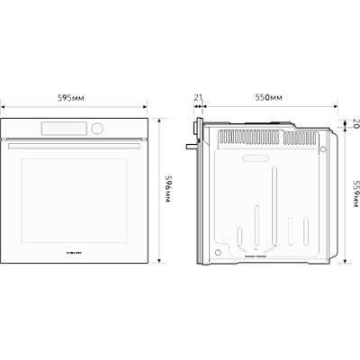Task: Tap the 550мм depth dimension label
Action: pos(268,96)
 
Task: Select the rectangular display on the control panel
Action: pos(70,129)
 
